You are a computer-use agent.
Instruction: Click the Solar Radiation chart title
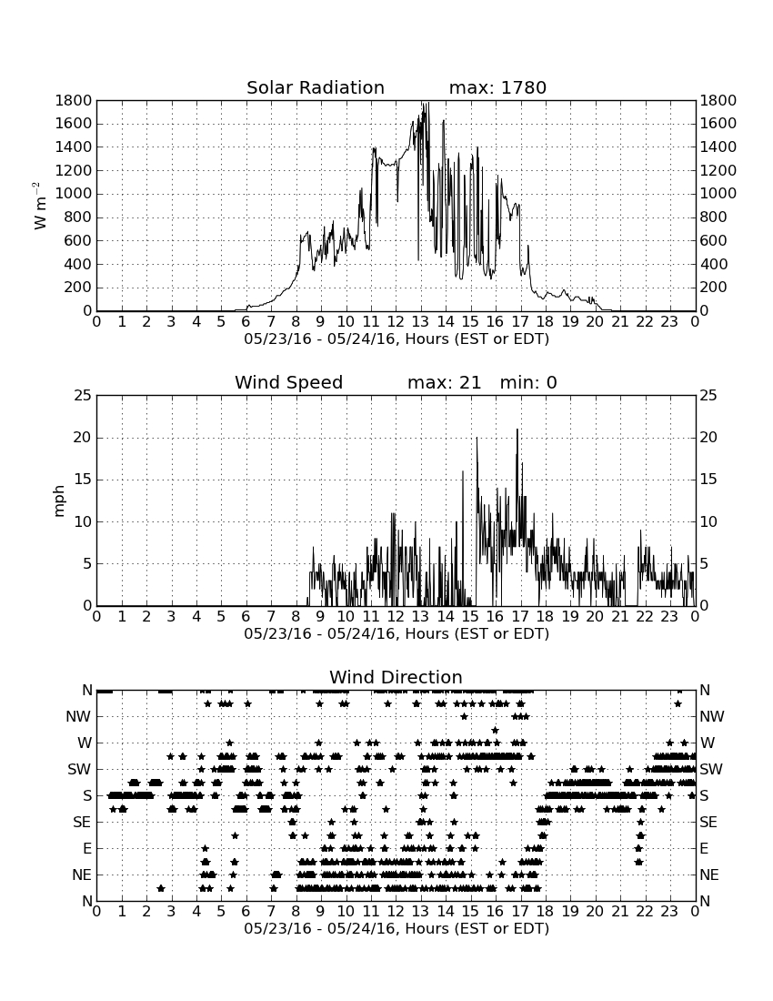(315, 87)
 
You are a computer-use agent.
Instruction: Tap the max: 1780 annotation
(497, 87)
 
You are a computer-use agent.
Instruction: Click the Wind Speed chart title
(289, 382)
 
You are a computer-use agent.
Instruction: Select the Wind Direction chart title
(396, 677)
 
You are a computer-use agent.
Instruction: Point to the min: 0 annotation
(528, 382)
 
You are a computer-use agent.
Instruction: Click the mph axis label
(59, 501)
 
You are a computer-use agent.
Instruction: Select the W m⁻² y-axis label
(39, 206)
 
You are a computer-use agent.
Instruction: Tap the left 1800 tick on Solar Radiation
(74, 100)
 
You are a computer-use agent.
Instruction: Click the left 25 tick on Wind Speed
(84, 396)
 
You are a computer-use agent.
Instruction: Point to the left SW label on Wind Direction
(79, 769)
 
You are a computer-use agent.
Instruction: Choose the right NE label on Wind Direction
(709, 875)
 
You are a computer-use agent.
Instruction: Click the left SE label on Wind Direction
(82, 823)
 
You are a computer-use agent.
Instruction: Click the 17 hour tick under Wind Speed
(520, 617)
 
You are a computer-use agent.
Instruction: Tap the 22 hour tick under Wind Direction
(645, 912)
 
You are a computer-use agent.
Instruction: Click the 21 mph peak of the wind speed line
(517, 429)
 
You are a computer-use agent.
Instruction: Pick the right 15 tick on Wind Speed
(708, 480)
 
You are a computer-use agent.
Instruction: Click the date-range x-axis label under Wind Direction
(397, 928)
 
